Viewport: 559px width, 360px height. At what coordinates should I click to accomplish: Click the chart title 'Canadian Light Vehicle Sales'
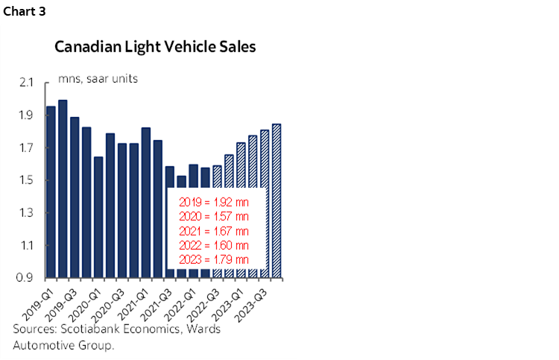155,47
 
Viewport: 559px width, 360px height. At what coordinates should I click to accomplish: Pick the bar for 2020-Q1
98,217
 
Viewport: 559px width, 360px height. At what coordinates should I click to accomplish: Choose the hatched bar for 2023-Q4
277,200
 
